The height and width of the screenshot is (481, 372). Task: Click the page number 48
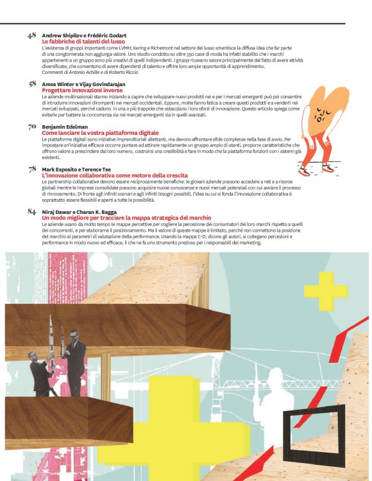31,35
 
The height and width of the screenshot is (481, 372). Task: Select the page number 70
31,127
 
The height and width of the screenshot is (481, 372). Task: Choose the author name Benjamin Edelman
65,127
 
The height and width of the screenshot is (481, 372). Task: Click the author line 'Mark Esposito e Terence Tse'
77,170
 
